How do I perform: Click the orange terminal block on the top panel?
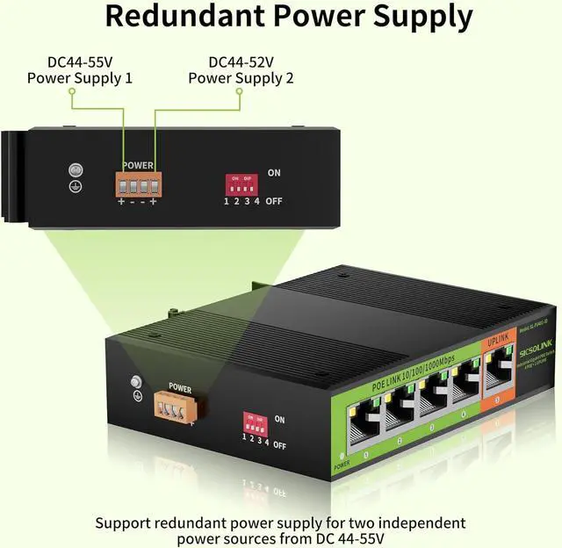coord(138,184)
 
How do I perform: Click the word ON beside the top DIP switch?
coord(274,173)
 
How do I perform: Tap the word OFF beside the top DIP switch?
coord(274,201)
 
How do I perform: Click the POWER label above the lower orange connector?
coord(179,387)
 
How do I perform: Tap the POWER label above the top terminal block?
coord(138,165)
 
